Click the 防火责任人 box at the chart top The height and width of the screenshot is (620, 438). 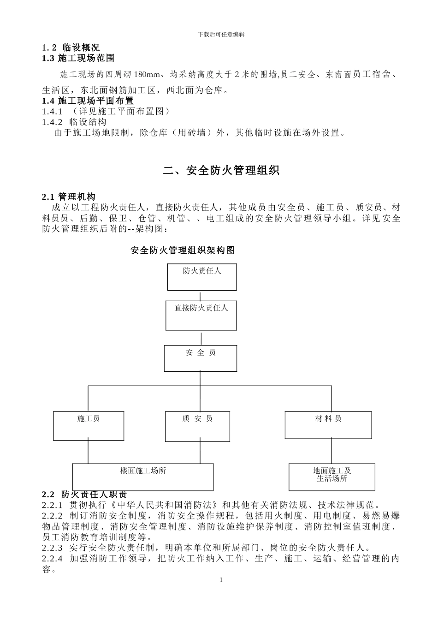[x=201, y=277]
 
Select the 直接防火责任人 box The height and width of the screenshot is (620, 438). [x=201, y=316]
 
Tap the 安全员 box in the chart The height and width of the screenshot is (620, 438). [x=201, y=358]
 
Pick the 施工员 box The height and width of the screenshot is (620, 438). [x=89, y=425]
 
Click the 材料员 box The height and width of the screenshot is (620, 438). [x=328, y=425]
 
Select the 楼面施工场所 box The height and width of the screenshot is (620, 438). [x=143, y=477]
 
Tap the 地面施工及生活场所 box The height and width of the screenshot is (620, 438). [x=332, y=477]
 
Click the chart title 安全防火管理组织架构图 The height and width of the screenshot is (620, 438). [x=183, y=250]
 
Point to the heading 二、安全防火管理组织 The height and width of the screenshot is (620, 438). [x=221, y=171]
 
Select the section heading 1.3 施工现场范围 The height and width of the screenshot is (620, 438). [x=78, y=58]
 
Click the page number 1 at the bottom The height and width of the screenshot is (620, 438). [x=221, y=580]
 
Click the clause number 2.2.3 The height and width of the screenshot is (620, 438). [x=52, y=548]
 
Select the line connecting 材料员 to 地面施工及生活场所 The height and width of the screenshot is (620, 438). [x=331, y=451]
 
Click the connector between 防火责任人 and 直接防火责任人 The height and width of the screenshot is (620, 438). [x=200, y=296]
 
